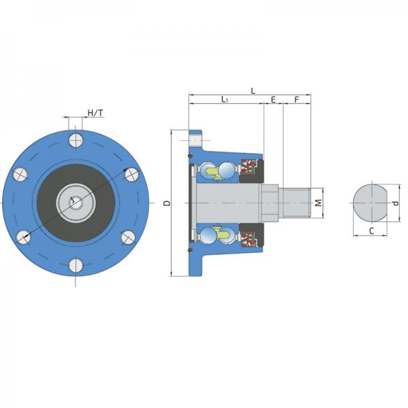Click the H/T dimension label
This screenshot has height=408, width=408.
(x=95, y=113)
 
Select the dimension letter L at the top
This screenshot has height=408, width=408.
(x=253, y=91)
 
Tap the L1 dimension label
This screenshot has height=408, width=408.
(x=224, y=99)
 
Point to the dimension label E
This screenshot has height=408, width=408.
(x=273, y=99)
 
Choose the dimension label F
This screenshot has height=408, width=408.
(x=296, y=99)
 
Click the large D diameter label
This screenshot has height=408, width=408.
(x=167, y=203)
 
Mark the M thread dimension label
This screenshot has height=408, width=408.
(x=318, y=203)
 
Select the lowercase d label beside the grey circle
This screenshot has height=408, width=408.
(x=396, y=203)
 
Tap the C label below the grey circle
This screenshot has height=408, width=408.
(x=371, y=231)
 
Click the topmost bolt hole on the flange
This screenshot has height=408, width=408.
(x=76, y=140)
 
